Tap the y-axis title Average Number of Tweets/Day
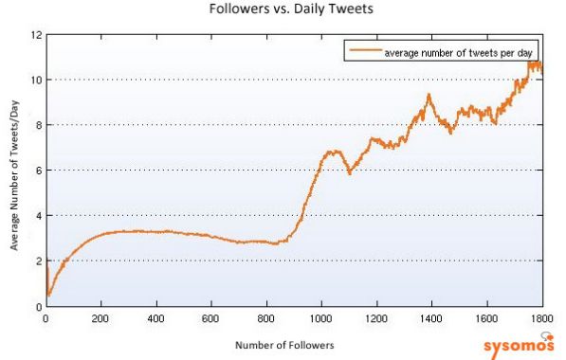click(14, 171)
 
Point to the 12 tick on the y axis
click(35, 35)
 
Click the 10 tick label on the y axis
click(35, 80)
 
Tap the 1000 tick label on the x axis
click(320, 319)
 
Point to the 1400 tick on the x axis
click(431, 319)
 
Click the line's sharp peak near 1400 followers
click(429, 95)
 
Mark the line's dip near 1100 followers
click(350, 172)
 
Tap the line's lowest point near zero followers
click(48, 295)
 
